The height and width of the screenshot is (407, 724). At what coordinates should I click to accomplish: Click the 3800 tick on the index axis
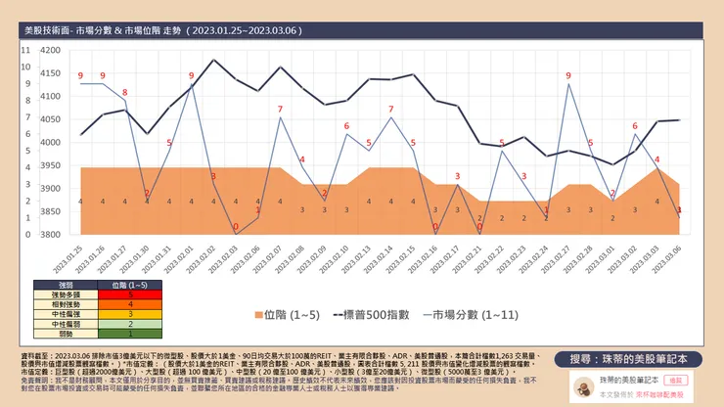pos(48,235)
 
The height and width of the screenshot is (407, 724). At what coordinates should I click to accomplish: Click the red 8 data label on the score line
pos(124,92)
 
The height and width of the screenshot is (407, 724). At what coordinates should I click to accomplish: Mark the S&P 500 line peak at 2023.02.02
pos(213,61)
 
